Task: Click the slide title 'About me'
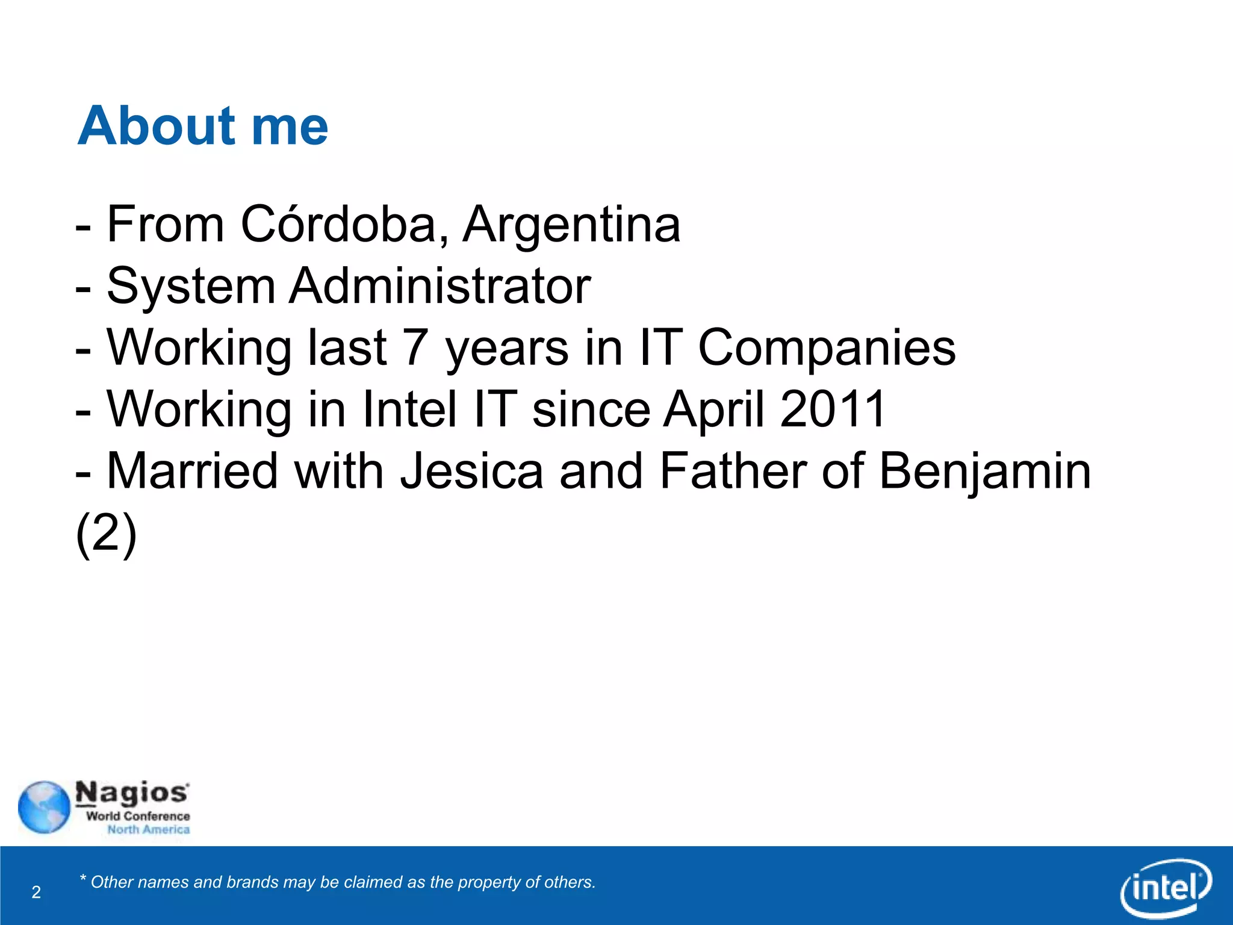tap(203, 126)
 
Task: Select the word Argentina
tap(571, 225)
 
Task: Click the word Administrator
tap(439, 286)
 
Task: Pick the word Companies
tap(827, 349)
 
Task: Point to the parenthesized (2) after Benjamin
tap(107, 534)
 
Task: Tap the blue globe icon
tap(44, 807)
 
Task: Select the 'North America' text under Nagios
tap(149, 830)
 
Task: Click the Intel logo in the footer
tap(1166, 887)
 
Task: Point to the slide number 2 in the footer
tap(36, 892)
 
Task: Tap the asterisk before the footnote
tap(83, 879)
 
